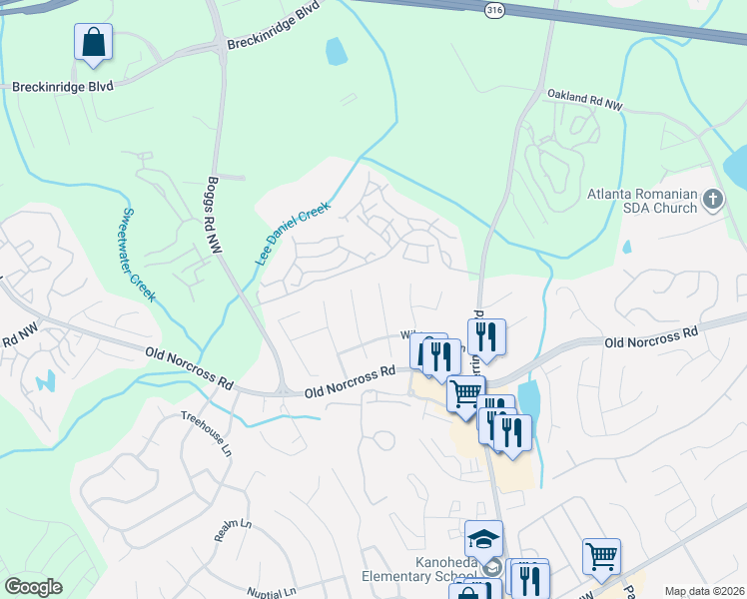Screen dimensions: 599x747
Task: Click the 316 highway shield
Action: (493, 10)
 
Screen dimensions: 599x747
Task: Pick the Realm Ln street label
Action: (233, 530)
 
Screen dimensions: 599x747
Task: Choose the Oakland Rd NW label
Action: (584, 99)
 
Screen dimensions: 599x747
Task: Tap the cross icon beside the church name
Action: (713, 200)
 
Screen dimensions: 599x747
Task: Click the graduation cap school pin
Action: (483, 540)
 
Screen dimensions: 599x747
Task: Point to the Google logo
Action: (33, 587)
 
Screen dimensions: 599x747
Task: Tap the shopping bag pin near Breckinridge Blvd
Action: (93, 43)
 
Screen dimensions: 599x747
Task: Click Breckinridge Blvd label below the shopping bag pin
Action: (62, 87)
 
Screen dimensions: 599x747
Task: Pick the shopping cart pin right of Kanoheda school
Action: (601, 556)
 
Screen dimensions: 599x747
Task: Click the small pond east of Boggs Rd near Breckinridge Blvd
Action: (337, 51)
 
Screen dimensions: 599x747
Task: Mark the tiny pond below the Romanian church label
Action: (626, 247)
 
